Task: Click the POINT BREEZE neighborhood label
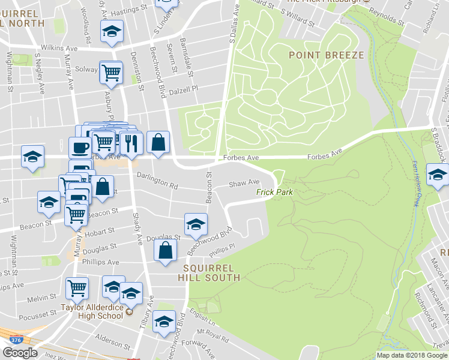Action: click(326, 55)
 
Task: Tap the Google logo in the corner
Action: click(20, 353)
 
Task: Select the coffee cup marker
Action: click(80, 146)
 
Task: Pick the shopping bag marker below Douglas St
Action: click(165, 250)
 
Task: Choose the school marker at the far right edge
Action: click(438, 175)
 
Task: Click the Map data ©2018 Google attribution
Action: click(412, 355)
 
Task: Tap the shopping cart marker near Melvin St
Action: click(77, 287)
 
